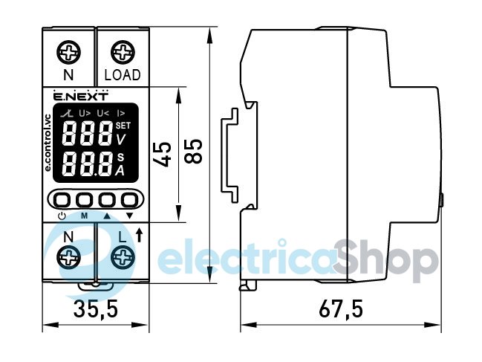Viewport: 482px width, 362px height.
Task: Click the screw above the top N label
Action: [68, 53]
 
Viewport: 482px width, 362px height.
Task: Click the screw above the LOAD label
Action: [123, 53]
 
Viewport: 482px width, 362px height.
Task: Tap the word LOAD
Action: [123, 75]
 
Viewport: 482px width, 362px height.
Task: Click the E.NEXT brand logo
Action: [81, 96]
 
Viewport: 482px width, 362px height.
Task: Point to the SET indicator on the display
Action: [123, 126]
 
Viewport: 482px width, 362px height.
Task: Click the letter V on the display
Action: [121, 140]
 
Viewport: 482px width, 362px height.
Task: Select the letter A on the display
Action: [120, 170]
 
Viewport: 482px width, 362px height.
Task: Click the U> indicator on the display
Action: [85, 114]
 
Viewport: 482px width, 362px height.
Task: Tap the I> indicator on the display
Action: [121, 114]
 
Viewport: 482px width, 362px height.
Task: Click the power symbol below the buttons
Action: [62, 216]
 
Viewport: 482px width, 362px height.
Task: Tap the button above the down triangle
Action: [129, 200]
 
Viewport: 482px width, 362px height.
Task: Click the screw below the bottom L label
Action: [123, 257]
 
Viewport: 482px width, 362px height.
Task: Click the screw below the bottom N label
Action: [68, 257]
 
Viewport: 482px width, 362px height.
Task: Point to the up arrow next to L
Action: [139, 235]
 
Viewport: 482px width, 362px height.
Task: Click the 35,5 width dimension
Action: [96, 308]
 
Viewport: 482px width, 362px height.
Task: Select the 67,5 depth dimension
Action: [341, 308]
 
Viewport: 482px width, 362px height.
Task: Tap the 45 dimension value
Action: [162, 154]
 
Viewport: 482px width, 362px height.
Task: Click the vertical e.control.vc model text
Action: [48, 143]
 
